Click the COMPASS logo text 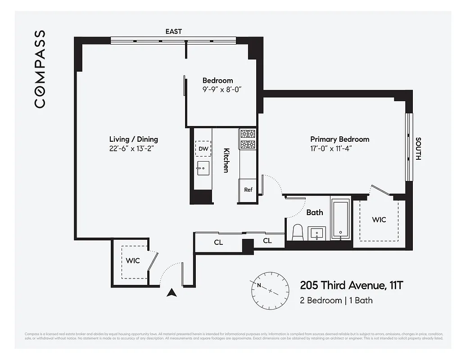[x=40, y=69]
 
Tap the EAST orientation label [x=174, y=31]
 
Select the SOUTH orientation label [x=418, y=149]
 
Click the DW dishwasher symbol [x=203, y=148]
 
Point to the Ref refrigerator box [x=248, y=189]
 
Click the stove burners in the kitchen [x=248, y=139]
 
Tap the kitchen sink [x=203, y=169]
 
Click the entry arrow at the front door [x=171, y=293]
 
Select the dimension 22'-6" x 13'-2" [x=133, y=149]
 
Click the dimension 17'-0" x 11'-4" [x=339, y=149]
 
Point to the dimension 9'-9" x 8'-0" [x=222, y=90]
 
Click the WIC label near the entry [x=132, y=261]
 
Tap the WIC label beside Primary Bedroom [x=379, y=220]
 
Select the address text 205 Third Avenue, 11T [x=352, y=285]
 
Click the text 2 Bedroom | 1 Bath [x=336, y=300]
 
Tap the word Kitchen [x=226, y=160]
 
